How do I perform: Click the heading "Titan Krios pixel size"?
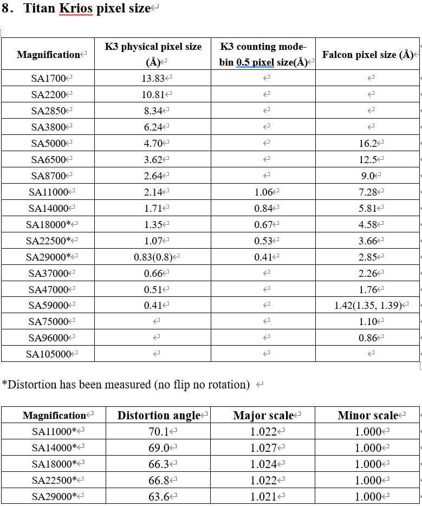coord(87,9)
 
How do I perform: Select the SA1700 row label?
coord(48,79)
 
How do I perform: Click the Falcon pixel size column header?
coord(367,55)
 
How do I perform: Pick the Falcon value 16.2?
coord(368,144)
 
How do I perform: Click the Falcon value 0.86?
coord(368,338)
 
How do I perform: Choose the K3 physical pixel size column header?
coord(153,54)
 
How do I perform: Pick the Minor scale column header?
coord(368,416)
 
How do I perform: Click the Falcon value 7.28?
coord(368,192)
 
